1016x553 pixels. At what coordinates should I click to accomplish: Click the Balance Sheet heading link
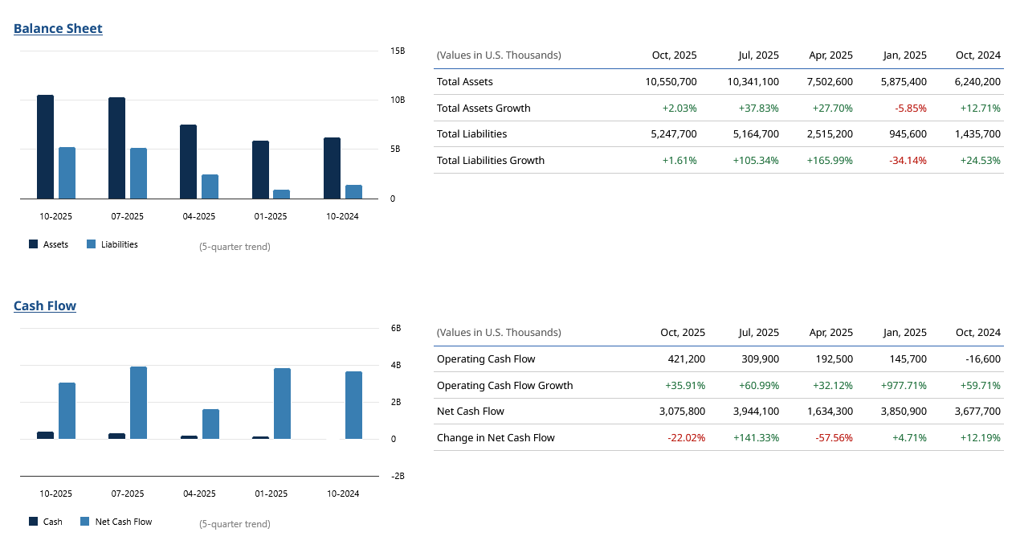pos(58,29)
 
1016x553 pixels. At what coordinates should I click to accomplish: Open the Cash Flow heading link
pos(45,306)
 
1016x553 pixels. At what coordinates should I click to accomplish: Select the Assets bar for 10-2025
pos(45,146)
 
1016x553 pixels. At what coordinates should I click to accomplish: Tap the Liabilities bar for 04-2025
pos(210,186)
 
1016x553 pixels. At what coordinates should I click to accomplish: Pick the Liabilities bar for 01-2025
pos(281,194)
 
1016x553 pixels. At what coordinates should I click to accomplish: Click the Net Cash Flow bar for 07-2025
pos(138,403)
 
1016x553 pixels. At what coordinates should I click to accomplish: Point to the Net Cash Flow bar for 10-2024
pos(353,405)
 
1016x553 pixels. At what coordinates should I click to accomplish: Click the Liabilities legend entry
pos(112,244)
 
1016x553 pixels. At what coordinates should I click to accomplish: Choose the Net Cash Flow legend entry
pos(116,522)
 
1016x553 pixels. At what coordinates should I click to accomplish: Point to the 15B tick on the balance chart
pos(398,51)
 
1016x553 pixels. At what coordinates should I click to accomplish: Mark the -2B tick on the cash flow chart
pos(398,476)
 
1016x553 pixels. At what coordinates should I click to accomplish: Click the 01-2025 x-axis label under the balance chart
pos(271,216)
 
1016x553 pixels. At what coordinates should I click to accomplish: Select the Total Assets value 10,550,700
pos(671,82)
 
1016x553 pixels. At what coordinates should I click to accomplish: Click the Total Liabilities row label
pos(471,134)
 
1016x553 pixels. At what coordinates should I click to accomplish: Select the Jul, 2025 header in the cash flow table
pos(758,333)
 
